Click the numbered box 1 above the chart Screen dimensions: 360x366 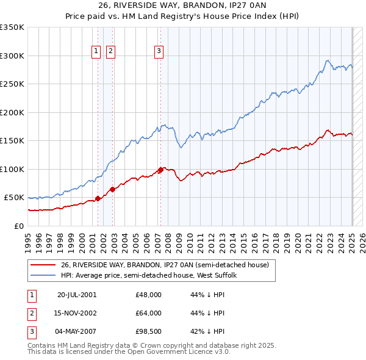click(96, 52)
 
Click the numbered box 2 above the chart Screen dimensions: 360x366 click(110, 52)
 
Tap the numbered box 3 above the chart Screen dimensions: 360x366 click(159, 52)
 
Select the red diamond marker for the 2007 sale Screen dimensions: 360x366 click(160, 170)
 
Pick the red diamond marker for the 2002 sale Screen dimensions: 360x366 click(112, 189)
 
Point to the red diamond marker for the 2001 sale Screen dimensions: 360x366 click(98, 198)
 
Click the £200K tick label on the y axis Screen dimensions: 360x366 click(13, 112)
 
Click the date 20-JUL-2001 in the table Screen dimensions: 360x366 click(77, 295)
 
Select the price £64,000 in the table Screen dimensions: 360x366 click(149, 313)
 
